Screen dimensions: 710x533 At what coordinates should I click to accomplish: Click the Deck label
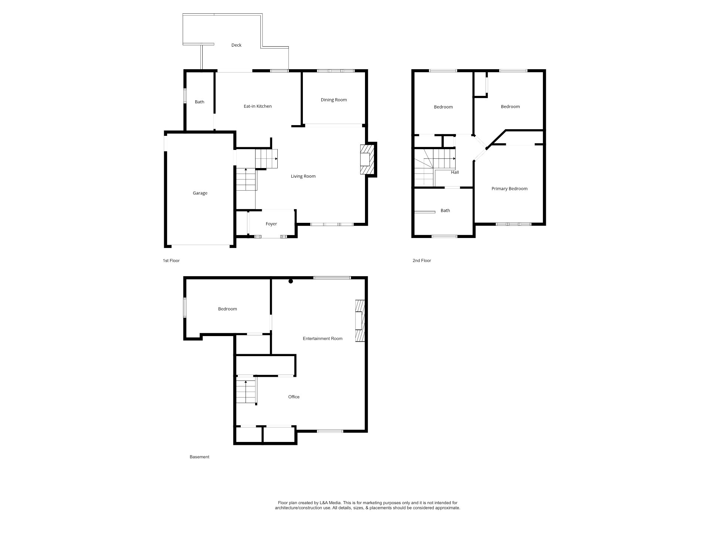(236, 45)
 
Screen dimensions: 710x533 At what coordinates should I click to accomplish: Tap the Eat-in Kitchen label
(258, 106)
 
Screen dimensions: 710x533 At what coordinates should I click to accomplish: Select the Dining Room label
(334, 100)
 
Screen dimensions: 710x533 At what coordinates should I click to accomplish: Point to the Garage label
(200, 193)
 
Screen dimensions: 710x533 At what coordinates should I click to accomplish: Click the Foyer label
(271, 224)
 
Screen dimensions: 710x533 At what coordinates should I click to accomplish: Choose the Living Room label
(303, 176)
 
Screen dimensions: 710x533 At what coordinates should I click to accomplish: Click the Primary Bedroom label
(510, 189)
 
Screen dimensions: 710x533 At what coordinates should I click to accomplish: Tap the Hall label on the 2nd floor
(455, 172)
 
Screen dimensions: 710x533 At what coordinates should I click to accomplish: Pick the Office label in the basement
(294, 397)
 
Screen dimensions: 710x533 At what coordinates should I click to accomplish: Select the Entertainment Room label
(323, 339)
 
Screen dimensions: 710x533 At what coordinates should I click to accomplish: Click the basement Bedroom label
(227, 309)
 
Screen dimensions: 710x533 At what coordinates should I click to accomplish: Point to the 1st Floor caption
(171, 261)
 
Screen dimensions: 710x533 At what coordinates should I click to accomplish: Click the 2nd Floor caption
(422, 261)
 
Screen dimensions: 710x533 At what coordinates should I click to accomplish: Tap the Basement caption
(200, 457)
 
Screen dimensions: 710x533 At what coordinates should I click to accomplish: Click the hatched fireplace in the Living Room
(367, 159)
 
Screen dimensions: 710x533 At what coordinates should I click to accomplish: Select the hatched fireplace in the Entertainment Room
(360, 321)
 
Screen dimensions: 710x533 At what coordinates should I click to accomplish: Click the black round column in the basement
(291, 281)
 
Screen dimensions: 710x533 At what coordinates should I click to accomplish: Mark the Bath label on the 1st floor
(200, 102)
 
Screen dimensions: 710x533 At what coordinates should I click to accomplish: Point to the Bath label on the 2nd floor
(445, 211)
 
